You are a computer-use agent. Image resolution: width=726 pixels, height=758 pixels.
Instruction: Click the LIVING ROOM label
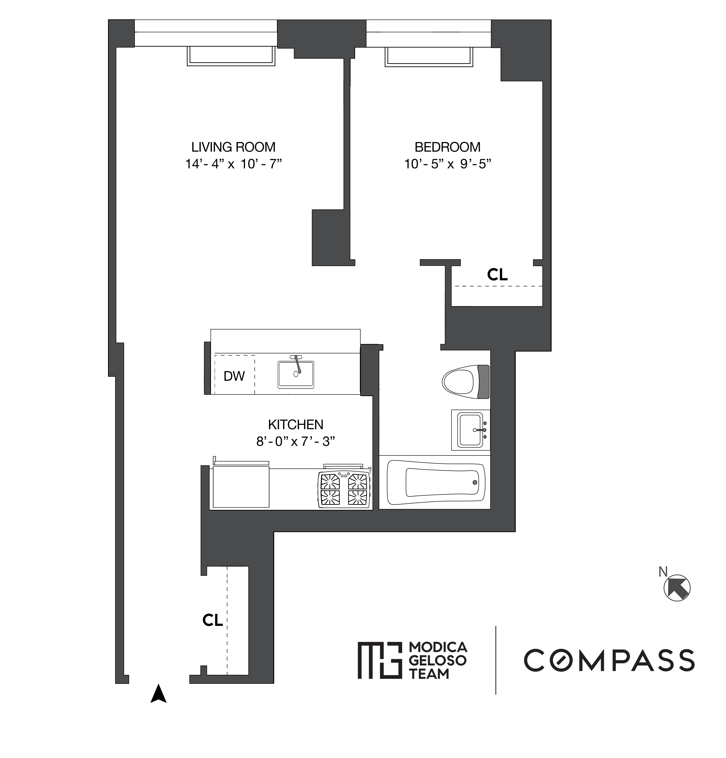(x=233, y=147)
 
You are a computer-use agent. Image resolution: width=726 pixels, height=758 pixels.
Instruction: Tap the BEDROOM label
(x=447, y=147)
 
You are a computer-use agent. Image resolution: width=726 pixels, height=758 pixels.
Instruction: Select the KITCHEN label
(x=296, y=425)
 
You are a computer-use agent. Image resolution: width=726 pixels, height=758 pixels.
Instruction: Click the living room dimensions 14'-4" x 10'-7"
(x=233, y=164)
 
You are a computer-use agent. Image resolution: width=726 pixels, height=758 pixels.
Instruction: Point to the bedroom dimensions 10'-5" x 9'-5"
(x=447, y=164)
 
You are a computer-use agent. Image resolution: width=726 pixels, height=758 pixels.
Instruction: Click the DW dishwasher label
(x=234, y=376)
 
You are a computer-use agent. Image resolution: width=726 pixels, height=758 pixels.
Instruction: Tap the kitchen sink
(x=296, y=374)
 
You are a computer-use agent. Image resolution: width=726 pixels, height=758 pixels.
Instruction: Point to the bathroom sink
(x=471, y=430)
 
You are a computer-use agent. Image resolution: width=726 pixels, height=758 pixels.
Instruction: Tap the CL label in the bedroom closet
(x=497, y=275)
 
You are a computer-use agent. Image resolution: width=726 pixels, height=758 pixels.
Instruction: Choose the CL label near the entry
(x=212, y=620)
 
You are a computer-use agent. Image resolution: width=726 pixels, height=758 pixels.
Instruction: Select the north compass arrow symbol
(x=677, y=588)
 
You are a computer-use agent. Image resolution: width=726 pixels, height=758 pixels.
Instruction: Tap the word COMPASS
(x=609, y=660)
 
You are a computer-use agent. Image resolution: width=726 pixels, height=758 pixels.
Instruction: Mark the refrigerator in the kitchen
(x=241, y=486)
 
